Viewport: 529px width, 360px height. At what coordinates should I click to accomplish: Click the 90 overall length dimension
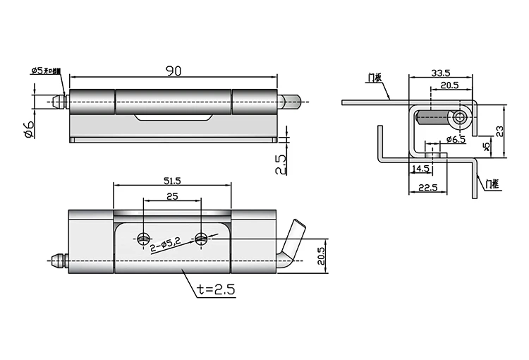(172, 70)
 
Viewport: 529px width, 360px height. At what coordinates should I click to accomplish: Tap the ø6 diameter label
(28, 129)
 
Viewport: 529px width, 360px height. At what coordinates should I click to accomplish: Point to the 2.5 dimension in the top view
(281, 164)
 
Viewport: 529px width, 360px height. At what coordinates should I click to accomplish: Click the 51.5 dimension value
(171, 181)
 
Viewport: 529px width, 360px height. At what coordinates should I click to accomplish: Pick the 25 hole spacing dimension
(171, 198)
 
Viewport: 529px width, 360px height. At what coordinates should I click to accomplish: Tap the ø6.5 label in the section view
(454, 140)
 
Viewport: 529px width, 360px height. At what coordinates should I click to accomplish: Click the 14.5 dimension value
(421, 169)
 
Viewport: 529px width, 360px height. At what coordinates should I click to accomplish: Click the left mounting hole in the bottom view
(144, 237)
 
